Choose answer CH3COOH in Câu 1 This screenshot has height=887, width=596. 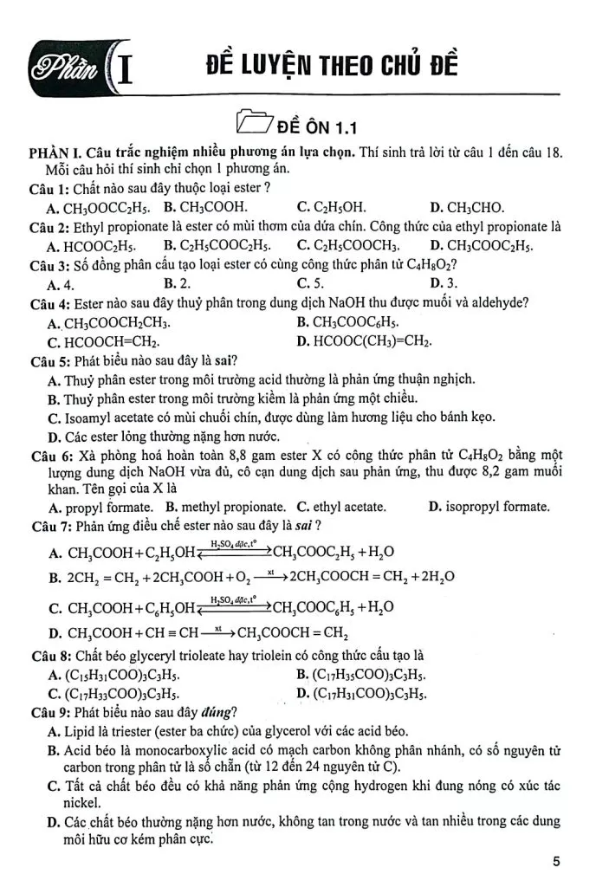(x=205, y=207)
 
